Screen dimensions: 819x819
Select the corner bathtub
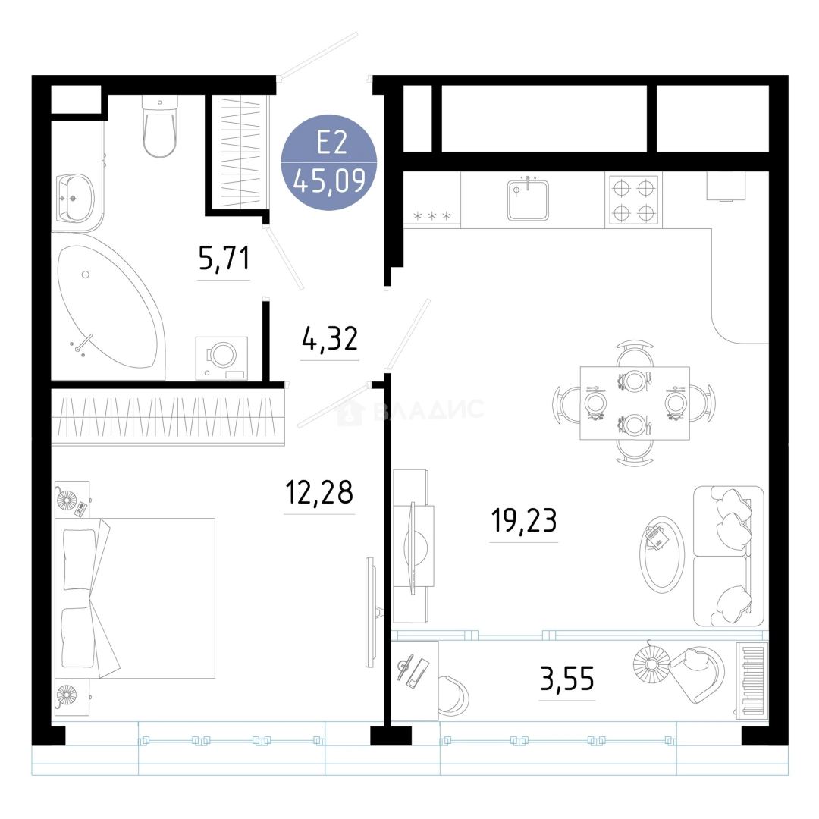(x=108, y=306)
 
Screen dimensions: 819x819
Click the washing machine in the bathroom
(x=221, y=358)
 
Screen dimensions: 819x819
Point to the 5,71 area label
(x=224, y=258)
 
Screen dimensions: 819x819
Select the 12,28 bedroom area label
(x=319, y=492)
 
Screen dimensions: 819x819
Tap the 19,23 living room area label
(x=524, y=520)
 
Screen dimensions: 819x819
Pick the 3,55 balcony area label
(x=566, y=679)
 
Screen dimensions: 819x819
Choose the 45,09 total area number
(x=329, y=182)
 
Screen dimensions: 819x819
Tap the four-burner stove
(x=633, y=200)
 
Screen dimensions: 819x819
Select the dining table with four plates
(x=635, y=403)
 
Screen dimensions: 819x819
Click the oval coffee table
(x=662, y=554)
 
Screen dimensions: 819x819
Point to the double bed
(x=135, y=598)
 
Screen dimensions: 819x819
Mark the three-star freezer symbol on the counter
(x=432, y=215)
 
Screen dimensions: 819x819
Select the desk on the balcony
(x=415, y=680)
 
